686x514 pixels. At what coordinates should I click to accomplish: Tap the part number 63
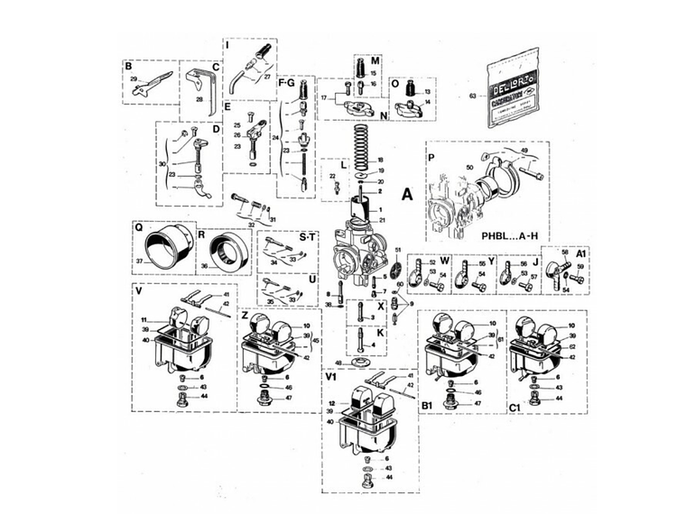[x=473, y=96]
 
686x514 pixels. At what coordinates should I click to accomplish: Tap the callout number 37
[x=140, y=262]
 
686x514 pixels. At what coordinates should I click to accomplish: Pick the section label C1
[x=514, y=408]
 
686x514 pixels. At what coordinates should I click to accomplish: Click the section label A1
[x=582, y=254]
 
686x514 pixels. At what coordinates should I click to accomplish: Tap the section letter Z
[x=245, y=317]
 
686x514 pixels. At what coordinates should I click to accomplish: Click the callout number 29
[x=133, y=80]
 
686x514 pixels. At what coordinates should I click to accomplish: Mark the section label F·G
[x=286, y=83]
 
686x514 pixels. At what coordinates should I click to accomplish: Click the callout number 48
[x=338, y=363]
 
